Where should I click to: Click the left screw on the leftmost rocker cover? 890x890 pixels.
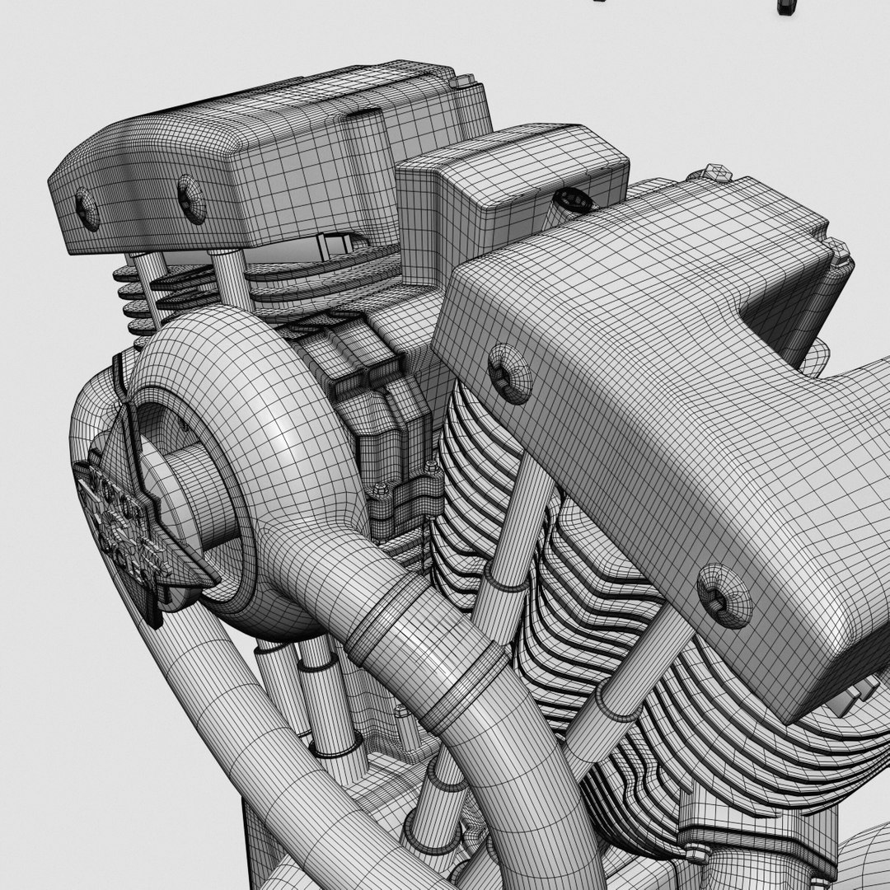[x=86, y=208]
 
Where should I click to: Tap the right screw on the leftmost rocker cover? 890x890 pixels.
[x=191, y=199]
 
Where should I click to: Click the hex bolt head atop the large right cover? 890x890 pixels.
[x=716, y=173]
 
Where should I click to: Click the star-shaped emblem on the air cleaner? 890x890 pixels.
[x=132, y=519]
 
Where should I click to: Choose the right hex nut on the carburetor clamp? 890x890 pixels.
[x=430, y=471]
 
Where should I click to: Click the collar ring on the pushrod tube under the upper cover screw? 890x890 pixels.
[x=505, y=580]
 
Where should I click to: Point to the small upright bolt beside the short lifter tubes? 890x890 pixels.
[x=403, y=720]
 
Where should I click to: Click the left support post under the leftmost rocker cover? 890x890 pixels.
[x=146, y=284]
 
